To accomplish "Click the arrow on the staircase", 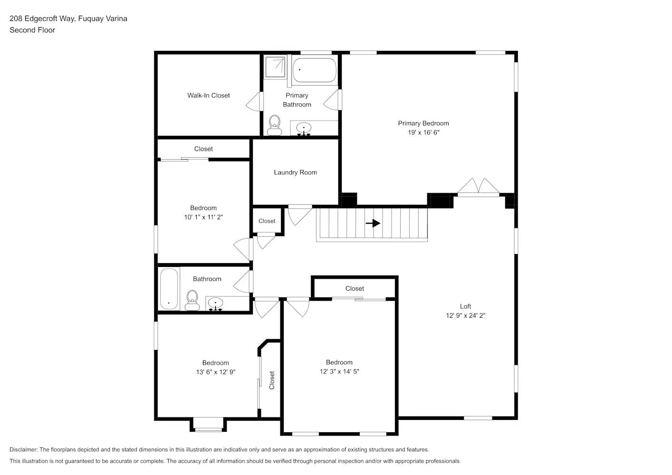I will point(373,223).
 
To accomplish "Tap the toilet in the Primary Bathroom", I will point(274,125).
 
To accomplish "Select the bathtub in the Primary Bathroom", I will point(314,70).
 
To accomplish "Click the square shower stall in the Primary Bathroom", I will point(275,67).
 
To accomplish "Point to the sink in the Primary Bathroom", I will point(304,128).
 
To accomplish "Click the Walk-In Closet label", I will point(209,95).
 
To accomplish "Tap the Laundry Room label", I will point(295,172).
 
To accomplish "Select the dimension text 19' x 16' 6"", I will point(423,133).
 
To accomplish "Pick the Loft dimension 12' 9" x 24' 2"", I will point(465,315).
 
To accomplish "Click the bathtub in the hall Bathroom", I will point(169,289).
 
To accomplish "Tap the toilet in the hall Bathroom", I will point(192,299).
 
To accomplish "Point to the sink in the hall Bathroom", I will point(216,303).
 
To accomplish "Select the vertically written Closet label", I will point(272,380).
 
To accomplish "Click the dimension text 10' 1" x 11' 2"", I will point(203,217).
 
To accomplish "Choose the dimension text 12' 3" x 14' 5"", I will point(339,371).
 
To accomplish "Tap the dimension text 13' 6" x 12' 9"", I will point(215,372).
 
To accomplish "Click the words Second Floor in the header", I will point(32,30).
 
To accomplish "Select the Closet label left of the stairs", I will point(267,221).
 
